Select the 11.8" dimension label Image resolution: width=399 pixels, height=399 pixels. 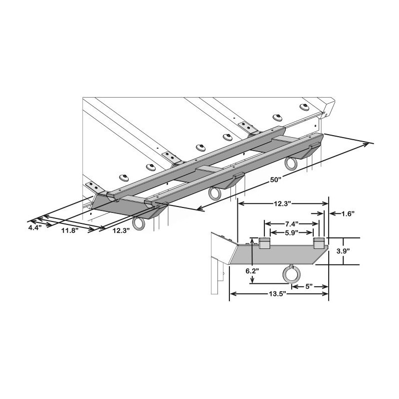[70, 231]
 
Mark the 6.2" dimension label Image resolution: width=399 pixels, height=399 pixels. [253, 271]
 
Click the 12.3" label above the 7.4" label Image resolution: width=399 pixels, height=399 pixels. [283, 203]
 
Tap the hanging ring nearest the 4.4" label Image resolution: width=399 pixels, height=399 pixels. [140, 223]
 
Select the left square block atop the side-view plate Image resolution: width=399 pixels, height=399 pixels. [264, 243]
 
